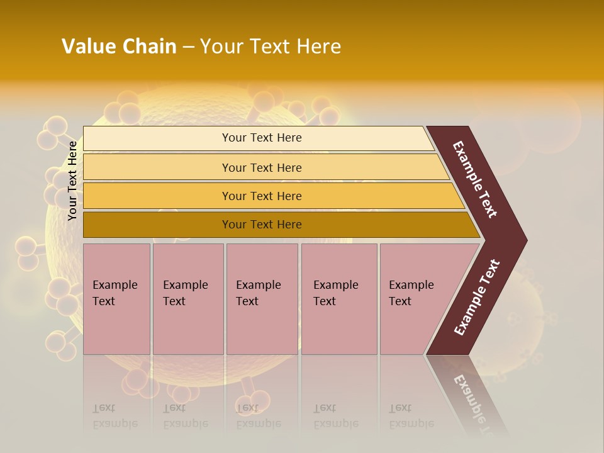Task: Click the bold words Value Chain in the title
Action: click(119, 47)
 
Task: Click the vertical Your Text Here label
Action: click(72, 181)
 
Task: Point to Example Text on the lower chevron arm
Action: click(477, 298)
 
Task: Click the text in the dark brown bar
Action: click(262, 225)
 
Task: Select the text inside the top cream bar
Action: click(262, 138)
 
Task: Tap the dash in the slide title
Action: click(188, 47)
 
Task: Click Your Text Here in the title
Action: click(270, 47)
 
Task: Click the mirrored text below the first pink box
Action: click(115, 416)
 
